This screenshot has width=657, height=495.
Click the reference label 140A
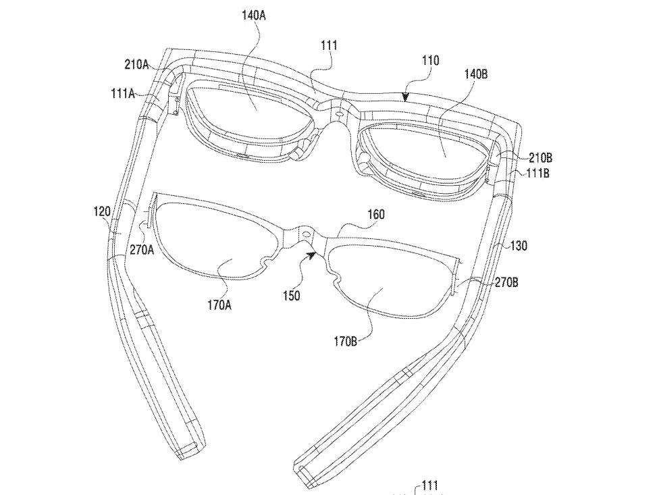[254, 16]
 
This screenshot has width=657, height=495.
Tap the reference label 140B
[475, 74]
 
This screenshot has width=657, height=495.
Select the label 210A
[136, 65]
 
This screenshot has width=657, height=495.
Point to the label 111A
[122, 93]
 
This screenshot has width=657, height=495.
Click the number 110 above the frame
[430, 60]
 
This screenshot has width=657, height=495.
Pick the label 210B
[540, 157]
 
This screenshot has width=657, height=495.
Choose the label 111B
[537, 173]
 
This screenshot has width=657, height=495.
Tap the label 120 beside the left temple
[102, 211]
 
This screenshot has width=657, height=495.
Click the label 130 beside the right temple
[519, 245]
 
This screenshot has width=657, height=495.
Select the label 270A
[142, 251]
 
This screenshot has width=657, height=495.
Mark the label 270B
[506, 282]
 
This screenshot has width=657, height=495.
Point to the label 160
[375, 215]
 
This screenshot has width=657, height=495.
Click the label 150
[291, 296]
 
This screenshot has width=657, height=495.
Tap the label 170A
[219, 305]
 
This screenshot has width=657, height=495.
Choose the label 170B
[346, 342]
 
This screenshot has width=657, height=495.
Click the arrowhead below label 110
[404, 97]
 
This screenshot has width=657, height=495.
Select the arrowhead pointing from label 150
[311, 255]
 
